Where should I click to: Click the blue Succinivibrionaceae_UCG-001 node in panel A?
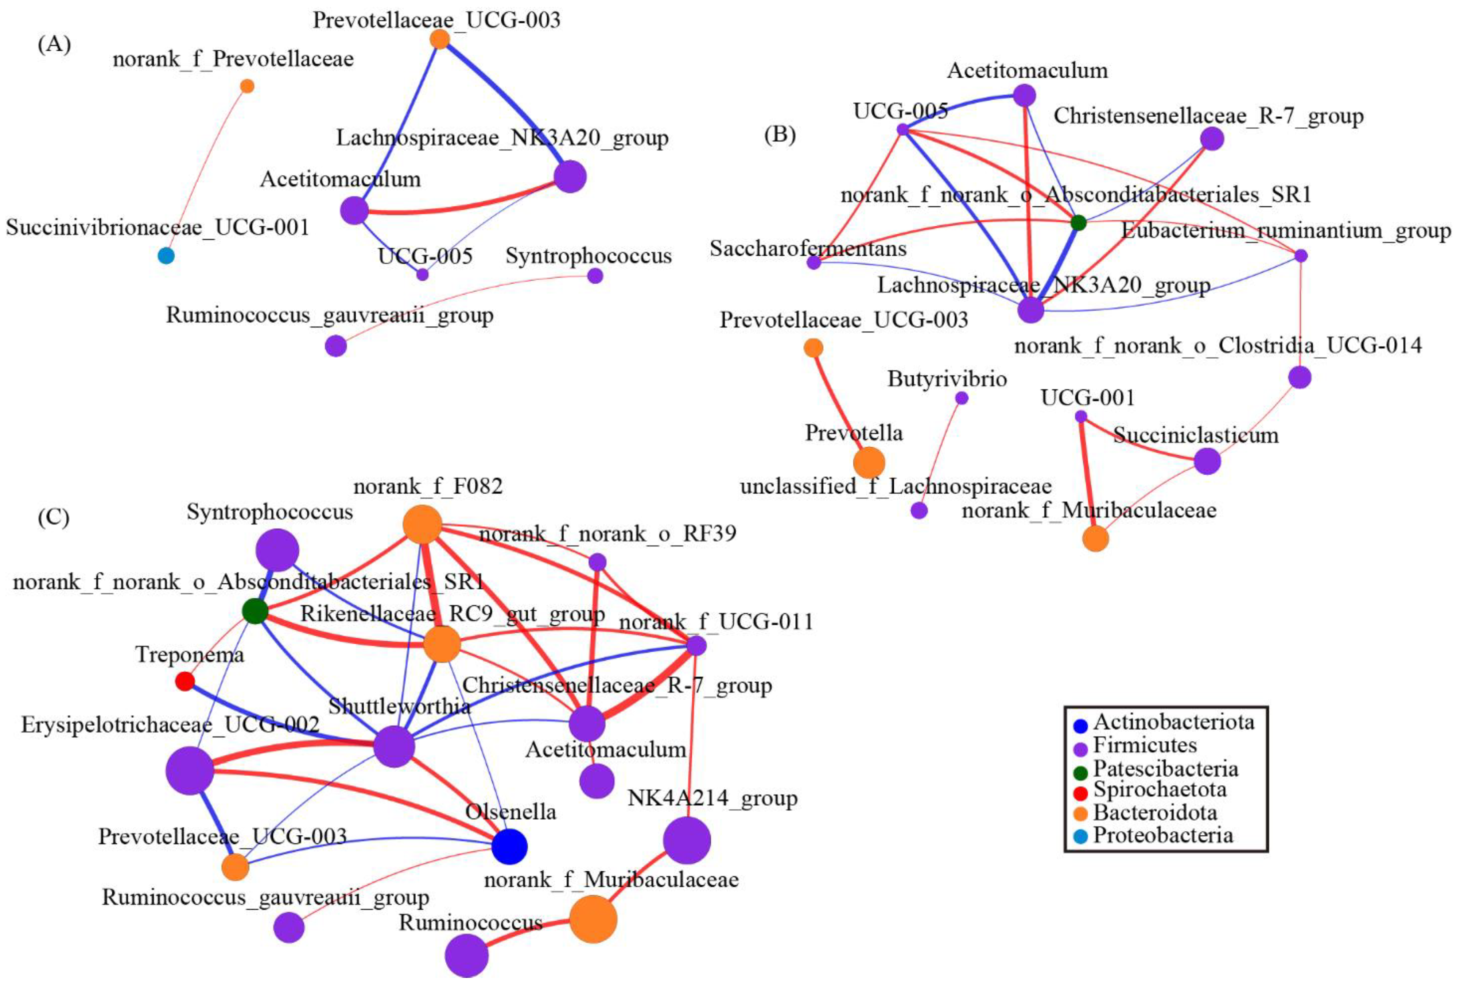coord(166,256)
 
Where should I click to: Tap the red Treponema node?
coord(185,681)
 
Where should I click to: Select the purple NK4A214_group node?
coord(687,841)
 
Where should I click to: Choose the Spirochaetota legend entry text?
coord(1160,789)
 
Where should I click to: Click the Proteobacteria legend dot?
coord(1080,836)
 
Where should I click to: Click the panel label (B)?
coord(780,135)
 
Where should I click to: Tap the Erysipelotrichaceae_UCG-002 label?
coord(171,725)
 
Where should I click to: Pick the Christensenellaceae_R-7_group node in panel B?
coord(1212,139)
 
